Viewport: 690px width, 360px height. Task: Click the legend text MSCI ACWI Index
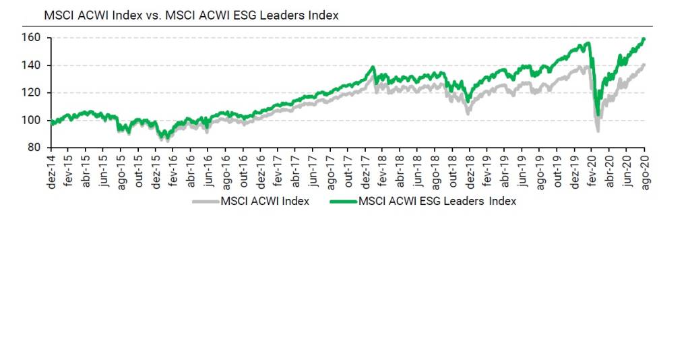point(265,201)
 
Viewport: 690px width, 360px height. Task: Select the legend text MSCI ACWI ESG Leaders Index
point(437,201)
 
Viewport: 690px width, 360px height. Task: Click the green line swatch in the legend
point(344,201)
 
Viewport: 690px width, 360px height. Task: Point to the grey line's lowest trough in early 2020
point(597,130)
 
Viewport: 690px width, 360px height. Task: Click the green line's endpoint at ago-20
point(645,39)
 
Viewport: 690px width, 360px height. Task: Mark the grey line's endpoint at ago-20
point(645,65)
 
